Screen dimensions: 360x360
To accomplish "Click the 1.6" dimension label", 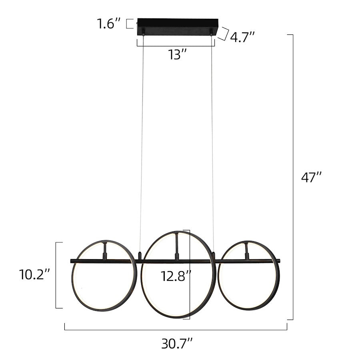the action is point(108,24).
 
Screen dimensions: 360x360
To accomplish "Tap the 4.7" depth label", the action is point(242,37).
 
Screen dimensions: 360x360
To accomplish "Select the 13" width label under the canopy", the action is point(177,55).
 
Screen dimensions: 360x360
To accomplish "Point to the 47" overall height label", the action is point(311,177).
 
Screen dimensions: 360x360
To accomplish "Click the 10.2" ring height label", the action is point(34,274).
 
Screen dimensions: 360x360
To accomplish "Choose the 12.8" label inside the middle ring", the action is point(176,276).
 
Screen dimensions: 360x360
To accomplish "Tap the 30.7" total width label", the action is point(177,344).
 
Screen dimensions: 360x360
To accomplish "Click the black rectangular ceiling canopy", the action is point(178,27).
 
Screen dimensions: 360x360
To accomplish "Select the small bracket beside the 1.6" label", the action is point(130,24).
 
